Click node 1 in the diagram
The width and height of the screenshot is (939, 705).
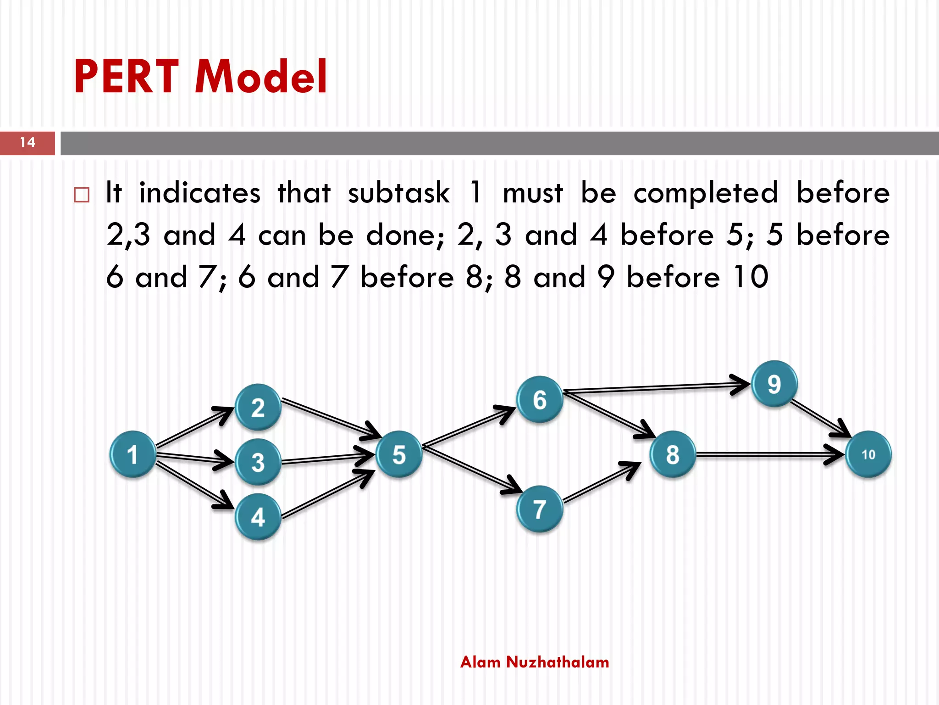[x=133, y=454]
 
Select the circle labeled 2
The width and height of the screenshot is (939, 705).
[x=258, y=407]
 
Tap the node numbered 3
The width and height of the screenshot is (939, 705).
[x=258, y=462]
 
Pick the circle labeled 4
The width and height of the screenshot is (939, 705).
[x=258, y=517]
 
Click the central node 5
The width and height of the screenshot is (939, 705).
[x=399, y=454]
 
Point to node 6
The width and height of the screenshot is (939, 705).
[x=540, y=399]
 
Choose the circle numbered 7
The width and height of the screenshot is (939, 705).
[x=540, y=509]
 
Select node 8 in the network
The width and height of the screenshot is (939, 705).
[x=673, y=454]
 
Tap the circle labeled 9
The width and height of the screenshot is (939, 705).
[x=774, y=384]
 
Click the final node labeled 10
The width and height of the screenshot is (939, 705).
[x=868, y=454]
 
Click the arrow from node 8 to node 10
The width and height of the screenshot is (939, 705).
[x=766, y=455]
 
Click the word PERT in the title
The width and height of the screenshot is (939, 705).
[x=126, y=77]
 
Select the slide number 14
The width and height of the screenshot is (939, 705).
[x=28, y=143]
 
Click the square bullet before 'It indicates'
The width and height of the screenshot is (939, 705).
[x=82, y=195]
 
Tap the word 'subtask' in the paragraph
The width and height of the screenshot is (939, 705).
[x=398, y=193]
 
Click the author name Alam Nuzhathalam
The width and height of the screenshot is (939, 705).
[x=535, y=662]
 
